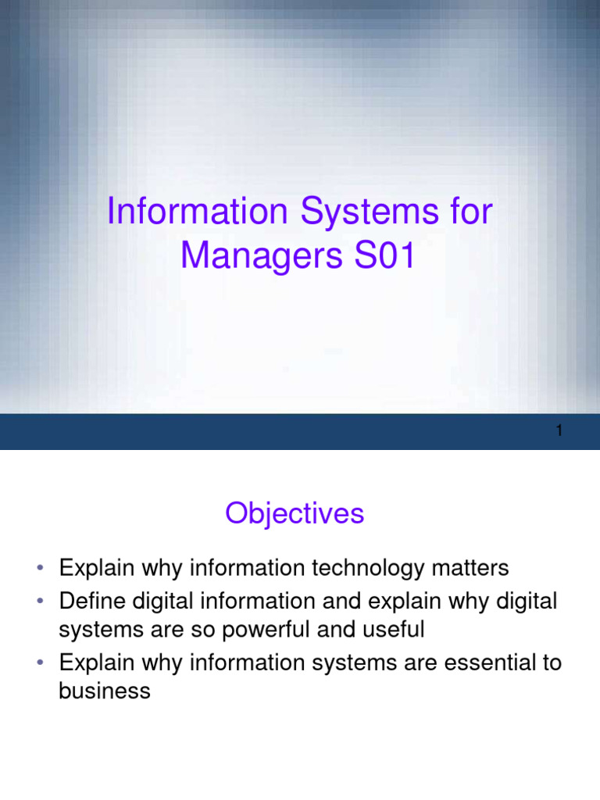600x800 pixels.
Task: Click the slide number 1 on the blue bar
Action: coord(559,431)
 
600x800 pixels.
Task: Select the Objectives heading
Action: coord(295,513)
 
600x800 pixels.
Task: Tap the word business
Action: coord(105,691)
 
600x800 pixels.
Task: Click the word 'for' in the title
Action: coord(471,212)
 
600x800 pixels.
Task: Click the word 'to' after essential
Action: coord(549,663)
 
